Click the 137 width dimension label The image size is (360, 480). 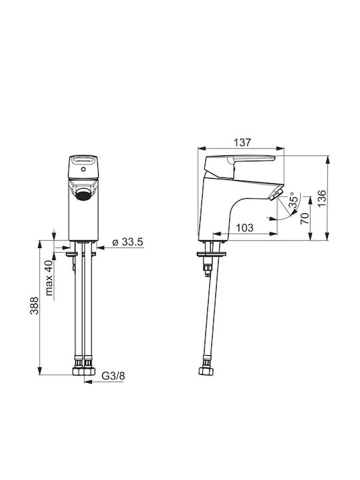click(x=242, y=143)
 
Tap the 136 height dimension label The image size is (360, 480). click(x=322, y=198)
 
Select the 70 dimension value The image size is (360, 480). click(x=305, y=219)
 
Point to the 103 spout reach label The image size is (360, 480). click(x=245, y=228)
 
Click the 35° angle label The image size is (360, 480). click(x=293, y=201)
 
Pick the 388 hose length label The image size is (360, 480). click(x=34, y=305)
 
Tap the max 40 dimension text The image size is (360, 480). click(x=49, y=278)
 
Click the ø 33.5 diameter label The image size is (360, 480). click(x=128, y=242)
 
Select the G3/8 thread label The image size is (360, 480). click(x=113, y=376)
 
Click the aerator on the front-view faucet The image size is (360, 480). click(x=83, y=194)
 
